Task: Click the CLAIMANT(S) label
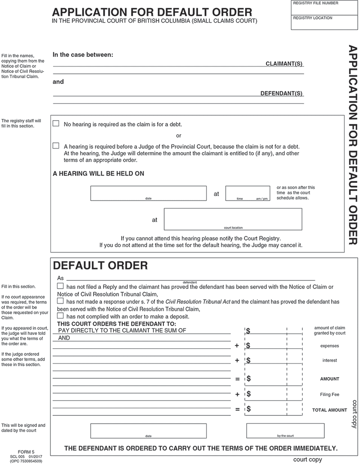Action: [x=284, y=64]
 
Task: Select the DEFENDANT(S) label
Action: [x=282, y=94]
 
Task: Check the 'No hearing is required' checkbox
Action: [x=56, y=123]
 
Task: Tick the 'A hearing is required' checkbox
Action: [x=56, y=146]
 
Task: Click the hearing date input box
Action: [x=148, y=193]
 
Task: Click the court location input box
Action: [x=233, y=219]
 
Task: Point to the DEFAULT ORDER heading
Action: [x=100, y=266]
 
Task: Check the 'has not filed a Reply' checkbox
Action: [x=60, y=286]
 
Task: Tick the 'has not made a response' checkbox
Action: [x=60, y=301]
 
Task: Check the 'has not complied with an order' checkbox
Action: [x=60, y=316]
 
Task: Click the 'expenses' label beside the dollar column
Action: [x=329, y=346]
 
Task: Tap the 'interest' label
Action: [x=329, y=360]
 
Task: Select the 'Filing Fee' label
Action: [x=329, y=395]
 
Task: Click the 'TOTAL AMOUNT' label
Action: [x=329, y=410]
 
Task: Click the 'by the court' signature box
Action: [x=285, y=431]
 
